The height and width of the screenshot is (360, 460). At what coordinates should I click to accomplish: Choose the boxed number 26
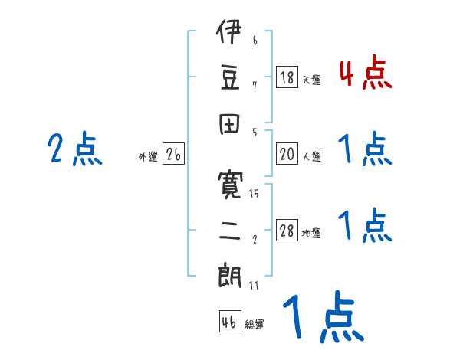click(x=173, y=155)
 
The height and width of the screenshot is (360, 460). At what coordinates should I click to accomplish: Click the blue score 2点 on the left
click(x=75, y=149)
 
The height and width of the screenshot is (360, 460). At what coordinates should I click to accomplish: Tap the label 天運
click(x=311, y=80)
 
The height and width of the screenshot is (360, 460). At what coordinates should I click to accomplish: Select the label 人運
click(x=311, y=156)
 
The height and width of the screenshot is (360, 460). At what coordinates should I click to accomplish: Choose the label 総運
click(x=255, y=324)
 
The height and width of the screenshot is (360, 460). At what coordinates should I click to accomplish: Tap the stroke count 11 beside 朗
click(x=254, y=286)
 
